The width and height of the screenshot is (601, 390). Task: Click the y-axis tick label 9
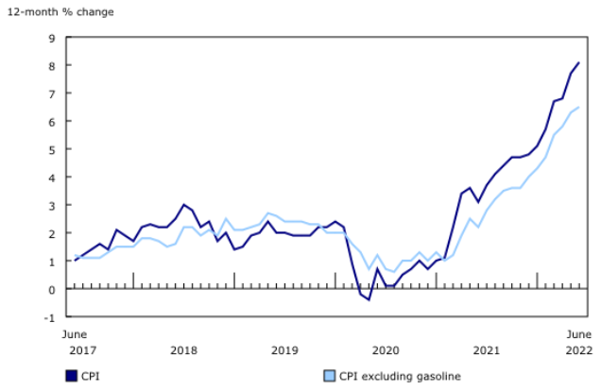pos(54,38)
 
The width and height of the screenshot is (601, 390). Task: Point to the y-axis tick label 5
pos(54,149)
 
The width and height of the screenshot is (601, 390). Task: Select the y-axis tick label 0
pos(54,289)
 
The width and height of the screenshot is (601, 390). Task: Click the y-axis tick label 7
pos(54,93)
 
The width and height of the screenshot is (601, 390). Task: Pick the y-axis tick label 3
pos(54,205)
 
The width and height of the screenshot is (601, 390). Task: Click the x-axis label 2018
pos(183,350)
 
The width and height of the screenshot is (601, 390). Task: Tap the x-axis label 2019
pos(284,350)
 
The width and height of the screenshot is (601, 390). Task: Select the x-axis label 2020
pos(386,350)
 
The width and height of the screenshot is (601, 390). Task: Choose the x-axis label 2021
pos(487,350)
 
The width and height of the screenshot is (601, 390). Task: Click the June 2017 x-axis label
pos(75,342)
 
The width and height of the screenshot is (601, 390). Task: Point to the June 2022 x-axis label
pos(578,342)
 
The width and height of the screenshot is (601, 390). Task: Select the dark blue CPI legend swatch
pos(72,376)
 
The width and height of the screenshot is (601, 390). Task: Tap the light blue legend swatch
pos(330,376)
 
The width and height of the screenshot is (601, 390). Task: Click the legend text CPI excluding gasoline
pos(400,376)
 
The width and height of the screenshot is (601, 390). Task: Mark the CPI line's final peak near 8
pos(578,63)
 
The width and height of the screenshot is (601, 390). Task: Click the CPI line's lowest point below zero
pos(369,299)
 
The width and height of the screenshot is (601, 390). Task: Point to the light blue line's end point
pos(578,108)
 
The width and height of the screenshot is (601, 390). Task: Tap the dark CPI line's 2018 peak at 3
pos(183,205)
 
